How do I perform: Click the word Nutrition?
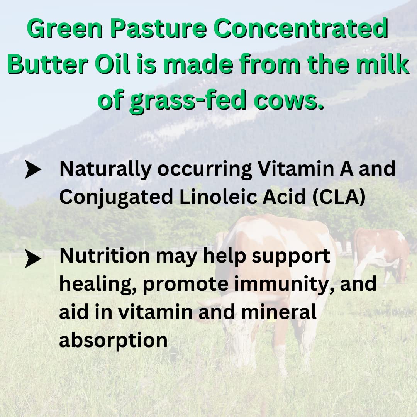(x=105, y=256)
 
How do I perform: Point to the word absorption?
(x=114, y=340)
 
